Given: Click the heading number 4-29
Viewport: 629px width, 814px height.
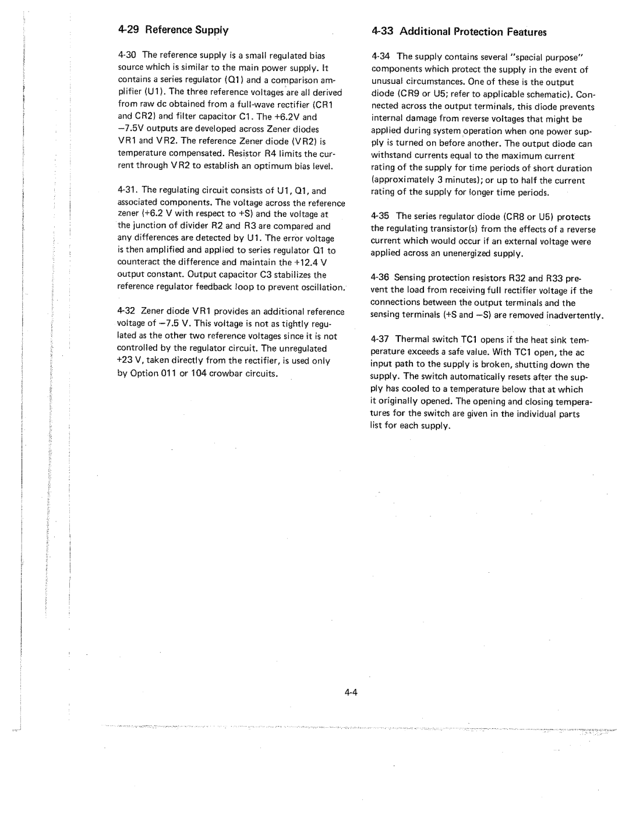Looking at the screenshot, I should (x=129, y=30).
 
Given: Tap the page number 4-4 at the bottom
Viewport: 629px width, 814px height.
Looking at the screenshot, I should (x=350, y=692).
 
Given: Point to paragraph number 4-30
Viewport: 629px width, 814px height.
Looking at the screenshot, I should (x=128, y=55).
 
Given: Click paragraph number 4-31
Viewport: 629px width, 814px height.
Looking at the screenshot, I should (x=128, y=191).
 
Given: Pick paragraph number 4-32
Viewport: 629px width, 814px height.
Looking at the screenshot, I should (x=128, y=312).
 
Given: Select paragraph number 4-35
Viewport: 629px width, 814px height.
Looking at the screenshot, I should (x=382, y=216).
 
